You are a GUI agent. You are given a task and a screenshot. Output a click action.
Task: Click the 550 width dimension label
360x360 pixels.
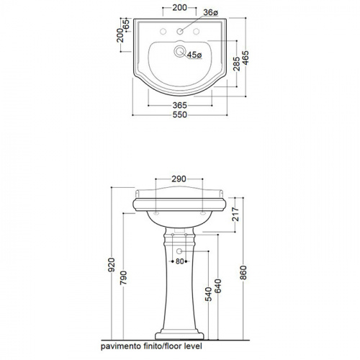pos(180,114)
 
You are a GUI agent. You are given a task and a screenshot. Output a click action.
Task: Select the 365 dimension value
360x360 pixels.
pos(180,105)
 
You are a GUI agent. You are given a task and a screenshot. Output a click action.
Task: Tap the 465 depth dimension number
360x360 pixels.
pos(246,58)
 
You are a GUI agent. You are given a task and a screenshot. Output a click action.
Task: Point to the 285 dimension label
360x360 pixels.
pos(236,64)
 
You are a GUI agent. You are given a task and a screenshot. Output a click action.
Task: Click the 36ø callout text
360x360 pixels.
pos(210,12)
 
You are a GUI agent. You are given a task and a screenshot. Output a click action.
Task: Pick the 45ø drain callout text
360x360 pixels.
pos(194,55)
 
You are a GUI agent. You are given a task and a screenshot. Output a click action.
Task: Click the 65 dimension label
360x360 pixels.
pos(126,24)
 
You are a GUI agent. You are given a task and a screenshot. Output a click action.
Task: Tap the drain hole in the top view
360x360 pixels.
pos(179,51)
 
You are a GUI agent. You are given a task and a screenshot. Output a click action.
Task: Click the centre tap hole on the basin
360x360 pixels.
pos(180,32)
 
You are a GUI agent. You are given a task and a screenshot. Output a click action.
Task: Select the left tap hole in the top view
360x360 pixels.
pos(163,32)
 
